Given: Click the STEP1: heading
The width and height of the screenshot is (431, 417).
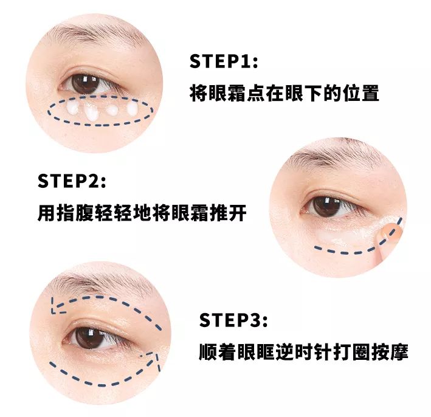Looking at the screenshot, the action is point(224,61).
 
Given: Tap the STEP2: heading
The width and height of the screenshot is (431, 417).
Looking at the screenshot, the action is point(72,181).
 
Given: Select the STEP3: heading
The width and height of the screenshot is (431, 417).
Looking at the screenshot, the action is point(233,320).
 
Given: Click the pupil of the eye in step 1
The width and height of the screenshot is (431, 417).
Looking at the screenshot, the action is point(84,83).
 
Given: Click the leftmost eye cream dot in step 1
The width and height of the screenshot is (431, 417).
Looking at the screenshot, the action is point(73,107).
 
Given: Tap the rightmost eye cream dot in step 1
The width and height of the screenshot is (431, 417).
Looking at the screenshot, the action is point(132,109).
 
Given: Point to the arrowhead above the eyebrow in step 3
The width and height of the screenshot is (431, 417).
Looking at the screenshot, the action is point(57,306).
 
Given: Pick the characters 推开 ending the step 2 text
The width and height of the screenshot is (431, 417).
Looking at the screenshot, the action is point(228,213).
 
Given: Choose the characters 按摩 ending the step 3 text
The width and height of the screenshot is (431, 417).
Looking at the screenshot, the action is point(390,351).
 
